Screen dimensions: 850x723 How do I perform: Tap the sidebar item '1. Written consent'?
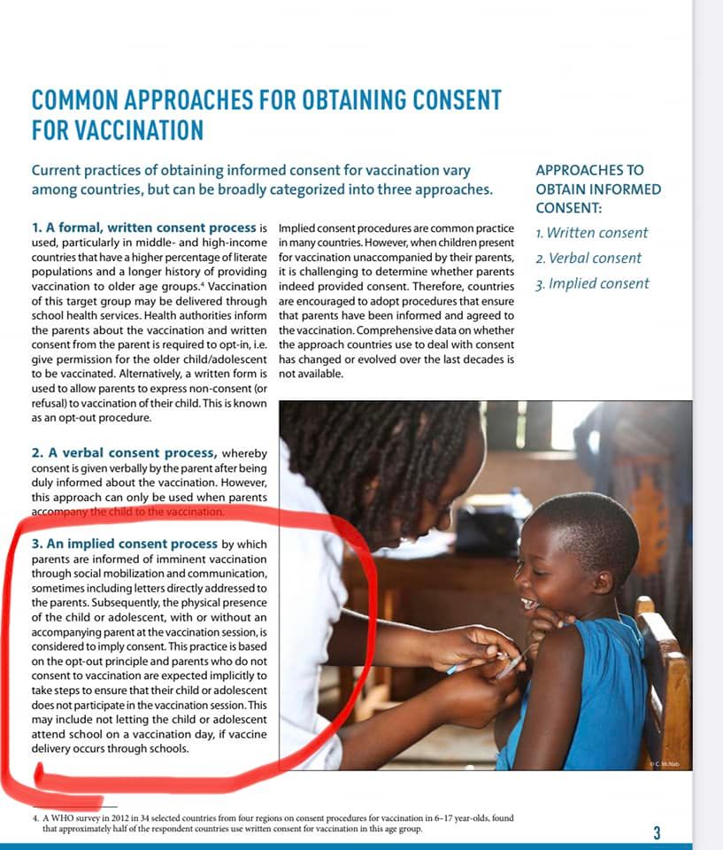[592, 233]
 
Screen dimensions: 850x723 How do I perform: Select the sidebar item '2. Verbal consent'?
[589, 259]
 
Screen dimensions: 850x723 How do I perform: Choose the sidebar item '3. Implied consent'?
[593, 284]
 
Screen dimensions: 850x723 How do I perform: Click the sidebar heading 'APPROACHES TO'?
[589, 170]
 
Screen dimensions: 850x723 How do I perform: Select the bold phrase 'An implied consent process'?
[124, 544]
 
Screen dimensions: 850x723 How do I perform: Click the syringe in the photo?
[513, 660]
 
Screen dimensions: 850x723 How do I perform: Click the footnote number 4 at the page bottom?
[35, 819]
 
